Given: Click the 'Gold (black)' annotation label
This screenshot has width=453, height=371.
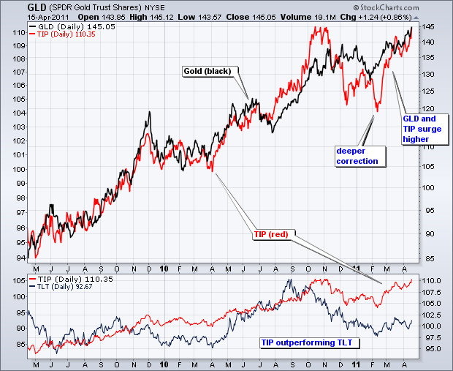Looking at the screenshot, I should [207, 71].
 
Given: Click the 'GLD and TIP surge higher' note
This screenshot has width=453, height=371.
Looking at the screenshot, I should [419, 128].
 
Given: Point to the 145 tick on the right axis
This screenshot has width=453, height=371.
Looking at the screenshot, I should [429, 26].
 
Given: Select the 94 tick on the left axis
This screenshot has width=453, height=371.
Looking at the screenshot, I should [16, 257].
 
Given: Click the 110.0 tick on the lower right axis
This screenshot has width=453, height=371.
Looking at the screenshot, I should [433, 281].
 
